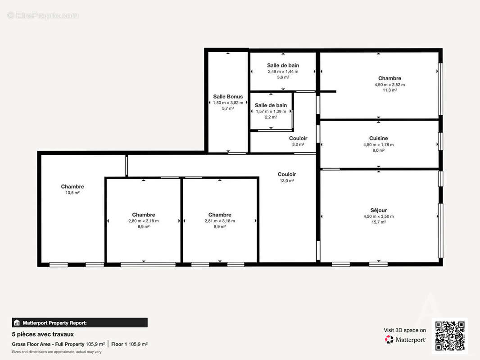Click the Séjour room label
coord(378,210)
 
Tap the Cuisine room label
coord(378,138)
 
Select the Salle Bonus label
coord(228,96)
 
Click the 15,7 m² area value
coord(378,222)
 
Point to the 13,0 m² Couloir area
coord(287,180)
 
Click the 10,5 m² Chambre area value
coord(72,193)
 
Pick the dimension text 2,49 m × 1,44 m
coord(283,71)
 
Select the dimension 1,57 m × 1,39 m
coord(271,111)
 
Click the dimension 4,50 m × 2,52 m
coord(389,84)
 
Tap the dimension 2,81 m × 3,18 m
coord(220,221)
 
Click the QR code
coord(450,336)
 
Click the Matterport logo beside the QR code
coord(405,340)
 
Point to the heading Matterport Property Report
coord(58,323)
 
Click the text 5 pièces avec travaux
coord(43,334)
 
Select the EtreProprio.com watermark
coord(43,15)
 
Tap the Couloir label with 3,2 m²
coord(298,138)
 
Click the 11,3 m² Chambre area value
coord(389,90)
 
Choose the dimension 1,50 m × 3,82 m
coord(228,103)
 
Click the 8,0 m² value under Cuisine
coord(378,150)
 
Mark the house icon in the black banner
coord(17,323)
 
